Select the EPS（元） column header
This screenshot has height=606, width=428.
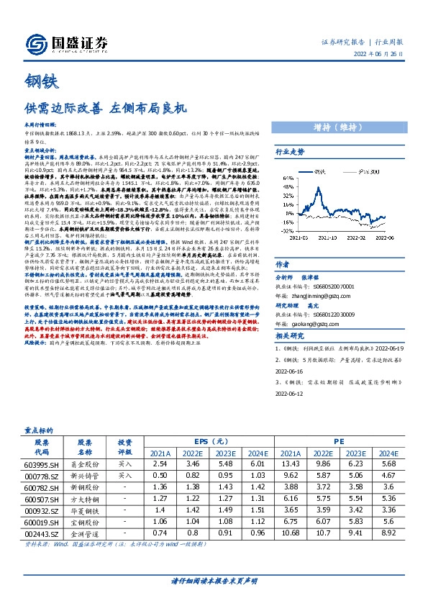pos(211,440)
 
